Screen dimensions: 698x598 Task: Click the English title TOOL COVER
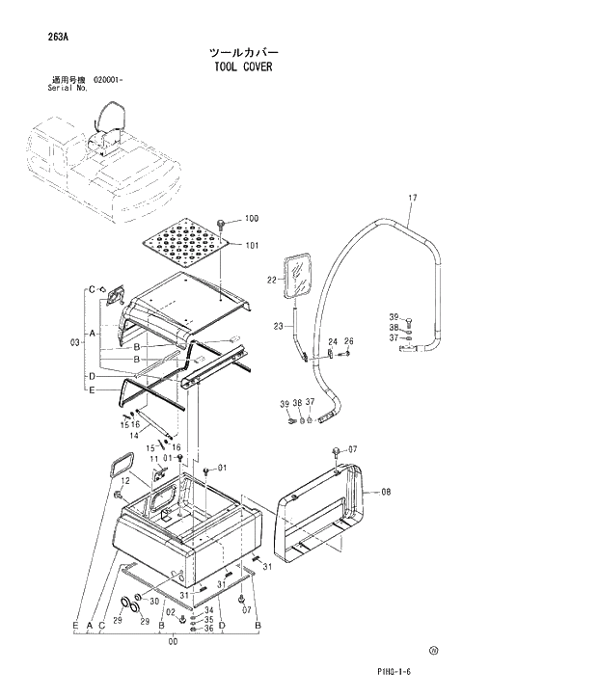243,67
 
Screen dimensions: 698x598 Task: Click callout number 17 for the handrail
412,199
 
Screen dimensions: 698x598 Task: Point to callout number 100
252,219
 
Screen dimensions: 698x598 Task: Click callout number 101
252,245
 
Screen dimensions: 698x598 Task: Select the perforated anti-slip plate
188,242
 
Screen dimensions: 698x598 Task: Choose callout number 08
386,492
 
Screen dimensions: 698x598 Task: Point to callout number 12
125,453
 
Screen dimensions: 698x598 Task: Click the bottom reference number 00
173,641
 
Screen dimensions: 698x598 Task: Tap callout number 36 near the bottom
208,629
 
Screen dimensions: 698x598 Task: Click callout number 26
349,340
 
